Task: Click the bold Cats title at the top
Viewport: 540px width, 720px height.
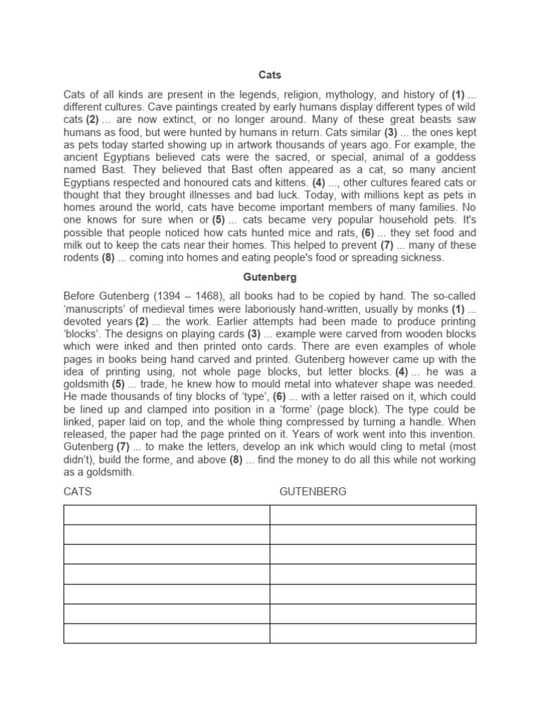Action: click(269, 75)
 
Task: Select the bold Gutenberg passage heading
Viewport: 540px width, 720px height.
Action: click(269, 278)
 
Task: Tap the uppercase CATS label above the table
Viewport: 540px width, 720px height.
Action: click(77, 491)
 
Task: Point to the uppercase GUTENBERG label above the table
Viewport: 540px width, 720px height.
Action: click(313, 491)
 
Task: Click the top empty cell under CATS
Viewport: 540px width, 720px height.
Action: click(167, 515)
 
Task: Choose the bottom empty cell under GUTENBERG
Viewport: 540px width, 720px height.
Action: click(373, 633)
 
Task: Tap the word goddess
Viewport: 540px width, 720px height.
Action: click(454, 157)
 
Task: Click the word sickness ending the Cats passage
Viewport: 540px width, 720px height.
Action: click(422, 258)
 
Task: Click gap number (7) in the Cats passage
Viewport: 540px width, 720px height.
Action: click(387, 245)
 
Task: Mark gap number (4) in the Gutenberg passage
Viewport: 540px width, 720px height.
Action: click(401, 371)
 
